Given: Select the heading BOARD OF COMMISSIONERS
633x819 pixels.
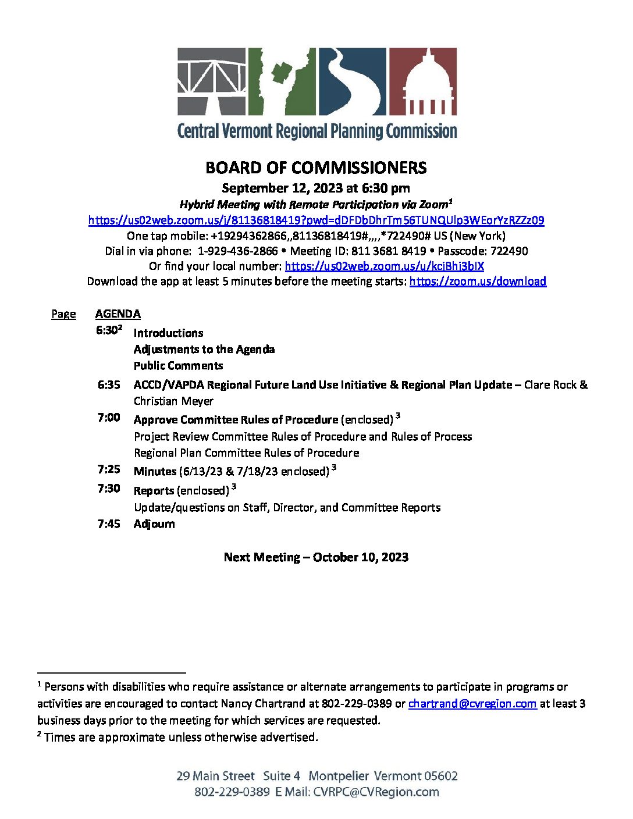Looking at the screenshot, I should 316,168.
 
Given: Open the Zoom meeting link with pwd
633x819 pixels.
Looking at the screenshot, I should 316,220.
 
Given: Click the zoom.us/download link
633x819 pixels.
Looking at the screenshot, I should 478,282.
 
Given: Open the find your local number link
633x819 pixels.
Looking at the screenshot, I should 384,266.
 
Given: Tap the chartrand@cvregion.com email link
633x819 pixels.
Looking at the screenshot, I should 472,704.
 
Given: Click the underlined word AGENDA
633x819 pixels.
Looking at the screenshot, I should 118,314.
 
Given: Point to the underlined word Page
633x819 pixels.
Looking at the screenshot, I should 63,314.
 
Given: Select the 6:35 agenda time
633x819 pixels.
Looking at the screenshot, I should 109,385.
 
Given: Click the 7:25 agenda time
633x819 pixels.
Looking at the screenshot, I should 109,469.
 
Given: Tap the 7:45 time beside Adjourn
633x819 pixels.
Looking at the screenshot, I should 109,524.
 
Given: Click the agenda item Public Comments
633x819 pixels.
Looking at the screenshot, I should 178,366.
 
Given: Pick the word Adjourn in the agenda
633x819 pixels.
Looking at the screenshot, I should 154,524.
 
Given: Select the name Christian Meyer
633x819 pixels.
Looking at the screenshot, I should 173,401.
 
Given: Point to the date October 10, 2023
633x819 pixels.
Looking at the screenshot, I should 361,557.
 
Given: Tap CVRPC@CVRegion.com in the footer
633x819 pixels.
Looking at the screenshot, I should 376,792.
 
